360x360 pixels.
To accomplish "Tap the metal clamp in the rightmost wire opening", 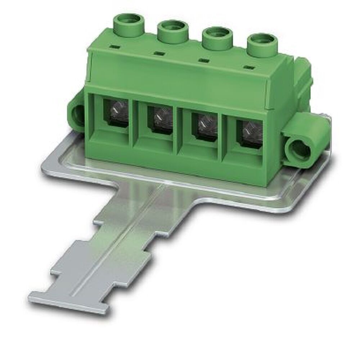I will pyautogui.click(x=248, y=130).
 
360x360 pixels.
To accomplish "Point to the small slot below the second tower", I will pyautogui.click(x=158, y=54).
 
